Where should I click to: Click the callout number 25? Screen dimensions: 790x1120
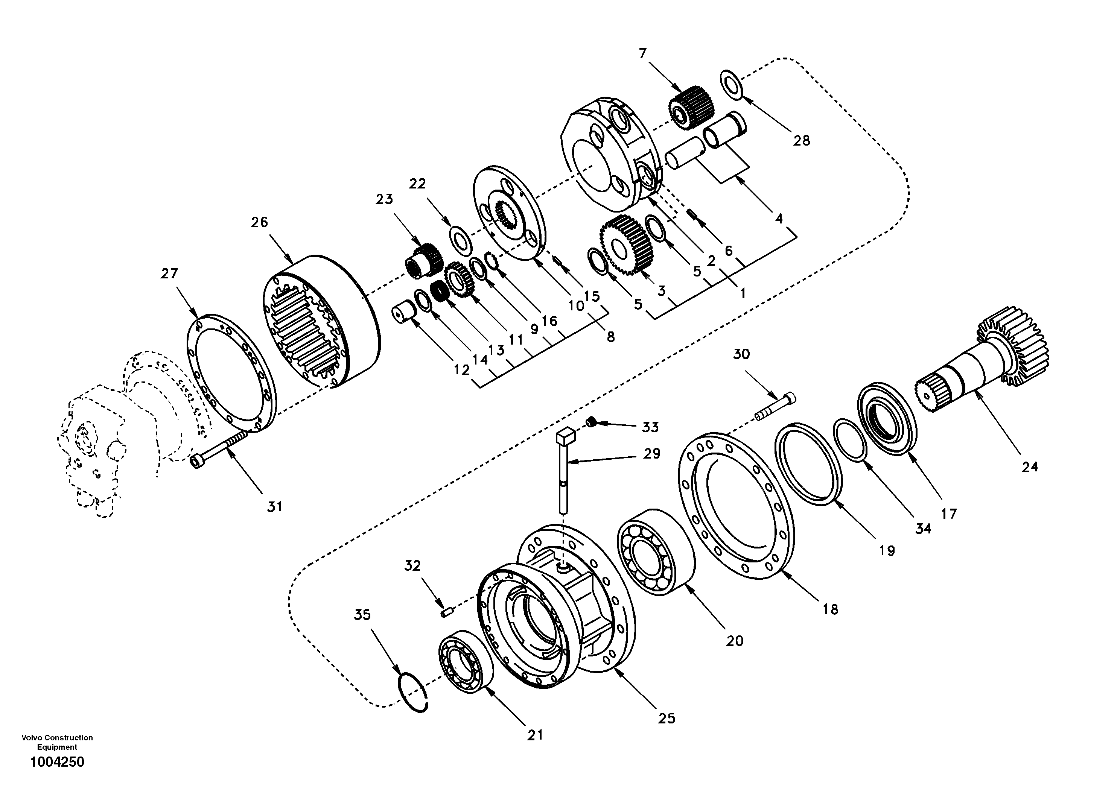(667, 718)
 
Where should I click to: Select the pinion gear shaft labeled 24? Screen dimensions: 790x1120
(985, 361)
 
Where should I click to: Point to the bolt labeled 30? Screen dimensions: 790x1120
(775, 407)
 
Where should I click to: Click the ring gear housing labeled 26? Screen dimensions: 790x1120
(322, 322)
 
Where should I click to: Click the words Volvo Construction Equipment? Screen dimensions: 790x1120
(57, 742)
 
